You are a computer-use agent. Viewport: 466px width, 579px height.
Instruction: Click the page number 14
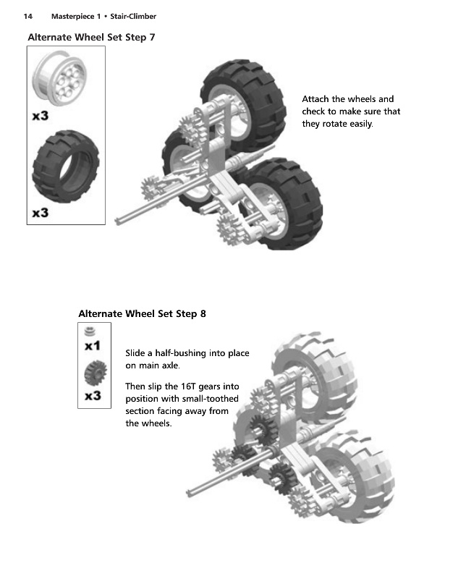27,16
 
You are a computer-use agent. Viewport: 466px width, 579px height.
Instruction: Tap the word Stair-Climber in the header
133,16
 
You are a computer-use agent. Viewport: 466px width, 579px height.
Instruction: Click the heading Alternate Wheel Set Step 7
91,38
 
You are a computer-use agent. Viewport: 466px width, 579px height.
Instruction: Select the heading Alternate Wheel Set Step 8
142,314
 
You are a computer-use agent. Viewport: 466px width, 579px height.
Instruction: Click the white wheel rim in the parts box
59,78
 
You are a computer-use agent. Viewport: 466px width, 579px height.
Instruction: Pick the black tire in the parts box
66,166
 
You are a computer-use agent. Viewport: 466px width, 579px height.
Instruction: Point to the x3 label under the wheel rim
41,116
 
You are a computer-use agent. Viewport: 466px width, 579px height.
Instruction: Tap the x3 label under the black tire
41,213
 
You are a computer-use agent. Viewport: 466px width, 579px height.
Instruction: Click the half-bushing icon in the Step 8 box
90,331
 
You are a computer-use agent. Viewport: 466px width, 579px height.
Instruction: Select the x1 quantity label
93,346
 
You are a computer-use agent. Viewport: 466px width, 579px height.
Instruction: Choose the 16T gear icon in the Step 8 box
96,373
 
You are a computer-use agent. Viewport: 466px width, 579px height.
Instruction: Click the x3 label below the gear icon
93,396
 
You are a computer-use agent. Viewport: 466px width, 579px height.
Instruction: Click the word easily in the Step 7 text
361,124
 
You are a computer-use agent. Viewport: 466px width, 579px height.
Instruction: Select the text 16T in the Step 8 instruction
188,386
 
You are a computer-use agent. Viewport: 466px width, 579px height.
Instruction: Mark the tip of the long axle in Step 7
117,222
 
